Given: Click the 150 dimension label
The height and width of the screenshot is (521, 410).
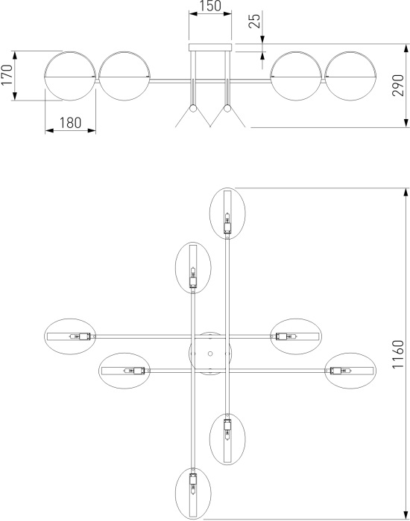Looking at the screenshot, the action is (x=211, y=6).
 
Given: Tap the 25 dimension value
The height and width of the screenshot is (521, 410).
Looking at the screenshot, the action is (x=255, y=22).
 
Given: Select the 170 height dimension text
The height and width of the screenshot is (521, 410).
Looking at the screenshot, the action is (x=7, y=75).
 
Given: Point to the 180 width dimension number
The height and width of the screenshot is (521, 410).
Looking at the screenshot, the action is (x=70, y=123).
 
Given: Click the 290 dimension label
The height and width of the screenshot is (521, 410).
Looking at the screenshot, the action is (x=398, y=86).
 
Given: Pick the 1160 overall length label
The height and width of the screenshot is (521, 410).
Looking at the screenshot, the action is (x=398, y=354).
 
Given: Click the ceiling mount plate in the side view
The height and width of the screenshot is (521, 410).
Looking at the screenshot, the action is (x=210, y=47).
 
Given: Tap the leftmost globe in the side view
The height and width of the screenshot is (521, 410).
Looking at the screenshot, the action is (x=70, y=76).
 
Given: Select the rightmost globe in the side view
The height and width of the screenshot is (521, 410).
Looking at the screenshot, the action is (x=350, y=76).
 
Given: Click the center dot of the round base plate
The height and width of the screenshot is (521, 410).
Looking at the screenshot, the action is (x=210, y=354).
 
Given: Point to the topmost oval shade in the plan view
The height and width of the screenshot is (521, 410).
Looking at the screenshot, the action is (x=227, y=214).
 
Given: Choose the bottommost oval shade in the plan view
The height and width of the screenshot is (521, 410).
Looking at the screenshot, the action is (x=193, y=493).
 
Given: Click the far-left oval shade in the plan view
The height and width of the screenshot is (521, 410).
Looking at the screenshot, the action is (x=70, y=336).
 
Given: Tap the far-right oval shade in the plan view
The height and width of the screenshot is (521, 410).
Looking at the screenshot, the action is (x=350, y=371).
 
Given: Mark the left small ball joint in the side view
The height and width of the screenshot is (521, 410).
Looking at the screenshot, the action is (x=193, y=108).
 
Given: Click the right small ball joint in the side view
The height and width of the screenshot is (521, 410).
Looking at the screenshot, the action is (x=227, y=108).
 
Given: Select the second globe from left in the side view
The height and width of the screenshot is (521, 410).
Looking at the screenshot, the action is (x=124, y=76).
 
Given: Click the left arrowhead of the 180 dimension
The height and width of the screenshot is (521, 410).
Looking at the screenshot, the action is (x=49, y=130).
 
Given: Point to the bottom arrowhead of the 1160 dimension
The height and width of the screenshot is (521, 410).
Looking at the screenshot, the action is (x=406, y=514).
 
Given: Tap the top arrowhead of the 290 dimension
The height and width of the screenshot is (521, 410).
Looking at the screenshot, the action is (x=406, y=48).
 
